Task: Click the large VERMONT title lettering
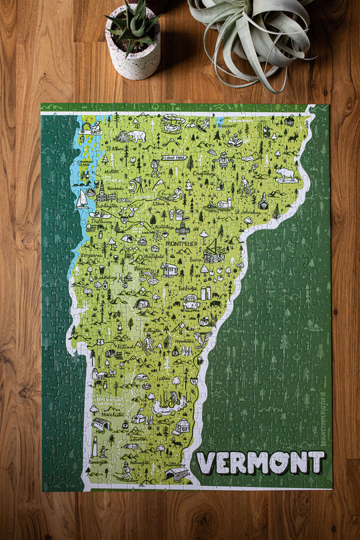tap(261, 462)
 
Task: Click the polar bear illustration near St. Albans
tap(138, 136)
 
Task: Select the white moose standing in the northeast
tap(285, 174)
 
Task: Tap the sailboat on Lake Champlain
tap(82, 199)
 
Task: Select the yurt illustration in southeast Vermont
tap(181, 425)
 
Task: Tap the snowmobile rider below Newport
tap(235, 141)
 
